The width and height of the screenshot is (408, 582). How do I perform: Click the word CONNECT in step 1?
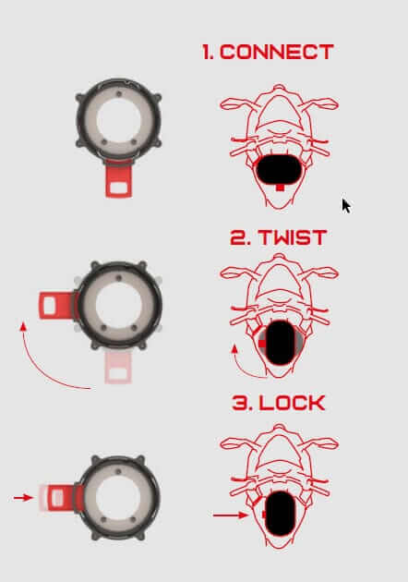[x=277, y=52]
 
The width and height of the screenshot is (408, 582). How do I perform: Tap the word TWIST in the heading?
[x=293, y=237]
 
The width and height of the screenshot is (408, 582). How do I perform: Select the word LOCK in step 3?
[x=293, y=403]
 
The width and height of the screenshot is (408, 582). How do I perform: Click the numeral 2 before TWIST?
[x=238, y=237]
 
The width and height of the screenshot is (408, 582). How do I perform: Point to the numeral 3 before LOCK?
[x=240, y=403]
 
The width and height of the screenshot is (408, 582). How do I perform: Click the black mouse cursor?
[x=345, y=206]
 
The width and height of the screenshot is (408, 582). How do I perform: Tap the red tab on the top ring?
[x=119, y=179]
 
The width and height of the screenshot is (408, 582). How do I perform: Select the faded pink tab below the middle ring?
[x=118, y=367]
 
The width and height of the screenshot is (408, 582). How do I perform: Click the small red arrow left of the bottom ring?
[x=23, y=497]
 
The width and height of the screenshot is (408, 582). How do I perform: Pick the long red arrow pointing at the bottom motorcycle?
[x=230, y=515]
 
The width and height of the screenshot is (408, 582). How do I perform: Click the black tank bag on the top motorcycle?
[x=280, y=170]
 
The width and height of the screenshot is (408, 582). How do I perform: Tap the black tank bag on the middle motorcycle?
[x=280, y=342]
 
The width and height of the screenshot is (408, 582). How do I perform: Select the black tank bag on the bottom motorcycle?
[x=280, y=514]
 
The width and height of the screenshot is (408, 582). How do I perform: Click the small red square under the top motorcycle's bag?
[x=280, y=188]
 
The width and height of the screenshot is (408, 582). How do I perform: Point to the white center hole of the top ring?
[x=119, y=121]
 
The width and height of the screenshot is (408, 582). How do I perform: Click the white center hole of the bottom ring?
[x=118, y=497]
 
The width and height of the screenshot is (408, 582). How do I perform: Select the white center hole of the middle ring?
[x=119, y=304]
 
